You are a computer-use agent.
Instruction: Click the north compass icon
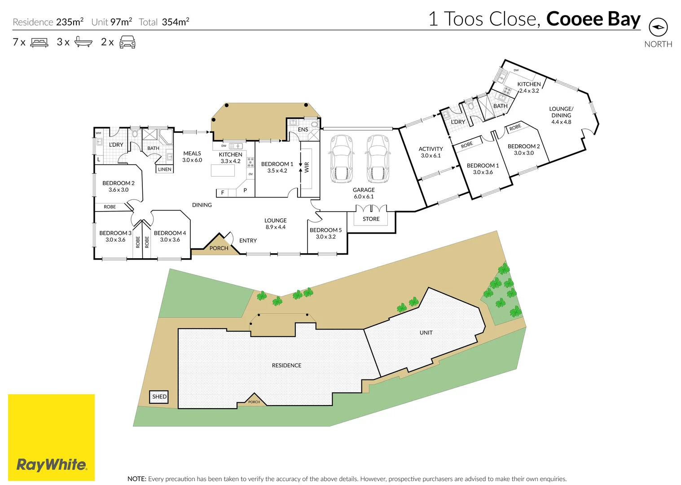658,27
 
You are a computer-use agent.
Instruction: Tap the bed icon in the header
39,42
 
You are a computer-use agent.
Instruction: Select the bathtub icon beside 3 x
83,42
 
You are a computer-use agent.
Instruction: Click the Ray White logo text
52,465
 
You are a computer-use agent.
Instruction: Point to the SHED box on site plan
159,397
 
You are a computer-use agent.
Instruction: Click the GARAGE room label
364,190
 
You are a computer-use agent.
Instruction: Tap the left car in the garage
342,159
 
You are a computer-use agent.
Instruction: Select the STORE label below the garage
371,219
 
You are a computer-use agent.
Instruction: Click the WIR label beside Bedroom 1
307,167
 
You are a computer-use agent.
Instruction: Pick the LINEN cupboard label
164,169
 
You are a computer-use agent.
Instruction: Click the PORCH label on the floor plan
219,248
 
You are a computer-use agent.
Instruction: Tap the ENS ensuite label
303,129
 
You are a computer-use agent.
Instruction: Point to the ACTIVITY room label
431,149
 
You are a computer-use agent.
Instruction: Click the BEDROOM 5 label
325,230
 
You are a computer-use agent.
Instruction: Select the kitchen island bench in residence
223,170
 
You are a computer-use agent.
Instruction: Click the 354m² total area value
176,22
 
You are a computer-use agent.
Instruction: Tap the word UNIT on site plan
426,333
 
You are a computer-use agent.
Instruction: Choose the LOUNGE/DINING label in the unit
561,112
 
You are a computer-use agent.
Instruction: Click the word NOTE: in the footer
137,479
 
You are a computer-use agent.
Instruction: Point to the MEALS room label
192,154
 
